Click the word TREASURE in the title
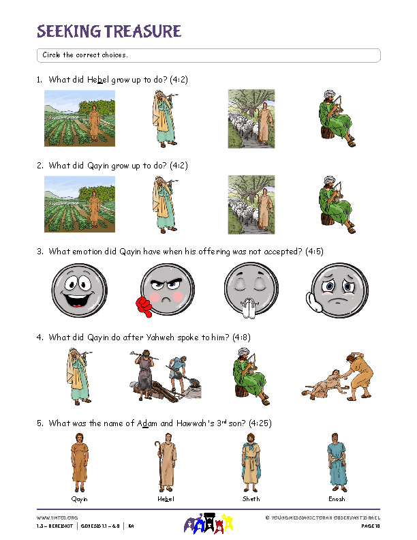coord(142,31)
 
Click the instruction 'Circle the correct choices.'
coord(85,55)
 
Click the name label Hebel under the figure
coord(166,498)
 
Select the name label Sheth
coord(251,498)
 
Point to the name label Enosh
coord(337,498)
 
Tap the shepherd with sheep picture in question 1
coord(251,119)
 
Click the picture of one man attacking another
coord(336,375)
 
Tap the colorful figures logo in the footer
coord(208,524)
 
